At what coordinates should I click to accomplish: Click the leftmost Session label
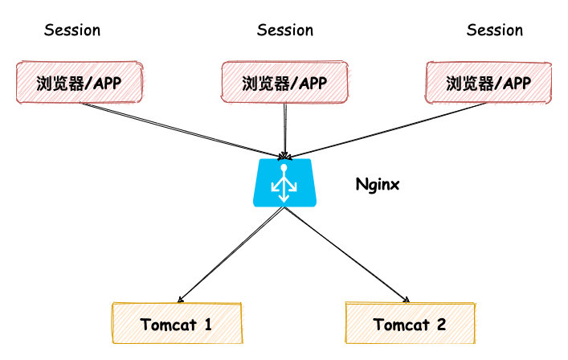(x=72, y=31)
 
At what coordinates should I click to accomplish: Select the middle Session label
(x=285, y=31)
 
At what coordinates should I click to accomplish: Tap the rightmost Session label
(x=495, y=31)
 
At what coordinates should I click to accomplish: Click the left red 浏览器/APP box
(x=79, y=82)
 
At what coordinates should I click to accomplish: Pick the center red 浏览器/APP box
(x=284, y=82)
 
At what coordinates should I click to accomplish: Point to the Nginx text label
(x=378, y=185)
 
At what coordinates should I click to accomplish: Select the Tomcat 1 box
(x=176, y=325)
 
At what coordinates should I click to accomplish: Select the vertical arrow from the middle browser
(x=284, y=129)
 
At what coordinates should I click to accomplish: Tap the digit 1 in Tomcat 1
(x=206, y=325)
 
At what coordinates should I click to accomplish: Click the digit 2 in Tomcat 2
(x=440, y=325)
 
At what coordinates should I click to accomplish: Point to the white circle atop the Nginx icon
(x=282, y=169)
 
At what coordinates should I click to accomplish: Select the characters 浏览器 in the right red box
(x=468, y=83)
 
